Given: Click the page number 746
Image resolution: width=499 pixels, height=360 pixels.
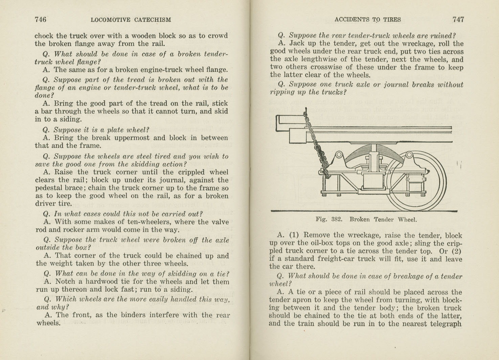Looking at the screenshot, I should tap(40, 20).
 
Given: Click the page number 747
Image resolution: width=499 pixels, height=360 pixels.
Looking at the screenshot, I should tap(458, 20).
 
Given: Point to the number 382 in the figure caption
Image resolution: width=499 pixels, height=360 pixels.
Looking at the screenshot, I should tap(337, 219).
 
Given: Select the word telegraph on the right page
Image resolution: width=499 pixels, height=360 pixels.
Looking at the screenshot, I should tap(443, 324).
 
